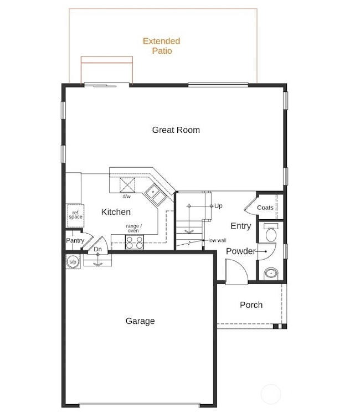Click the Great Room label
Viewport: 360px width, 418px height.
coord(176,130)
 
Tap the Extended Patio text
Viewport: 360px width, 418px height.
coord(161,46)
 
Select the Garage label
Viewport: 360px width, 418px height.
coord(140,321)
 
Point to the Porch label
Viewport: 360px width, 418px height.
coord(251,305)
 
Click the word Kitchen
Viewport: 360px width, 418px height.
coord(116,212)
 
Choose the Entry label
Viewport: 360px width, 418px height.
coord(241,226)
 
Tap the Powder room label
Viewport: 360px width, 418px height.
coord(240,251)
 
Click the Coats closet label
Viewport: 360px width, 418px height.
coord(265,208)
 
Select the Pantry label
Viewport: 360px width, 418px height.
coord(75,241)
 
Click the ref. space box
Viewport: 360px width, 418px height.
coord(75,214)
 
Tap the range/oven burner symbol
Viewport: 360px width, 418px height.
coord(135,242)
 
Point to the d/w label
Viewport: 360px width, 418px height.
coord(127,197)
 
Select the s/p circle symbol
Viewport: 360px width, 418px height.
coord(73,261)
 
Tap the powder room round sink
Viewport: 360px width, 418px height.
coord(271,273)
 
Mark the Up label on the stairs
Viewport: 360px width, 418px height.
coord(219,206)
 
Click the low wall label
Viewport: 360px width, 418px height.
coord(217,240)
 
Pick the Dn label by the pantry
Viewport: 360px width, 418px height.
coord(97,250)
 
